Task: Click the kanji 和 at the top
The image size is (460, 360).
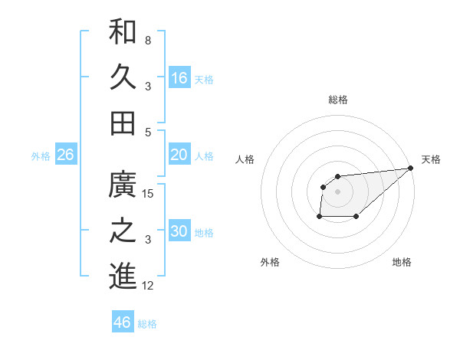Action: click(123, 31)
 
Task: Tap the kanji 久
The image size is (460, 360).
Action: click(123, 77)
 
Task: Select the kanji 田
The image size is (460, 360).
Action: click(123, 123)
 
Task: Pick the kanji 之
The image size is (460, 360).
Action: click(123, 231)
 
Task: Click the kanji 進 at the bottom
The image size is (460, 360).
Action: click(123, 277)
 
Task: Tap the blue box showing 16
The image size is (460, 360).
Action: click(179, 77)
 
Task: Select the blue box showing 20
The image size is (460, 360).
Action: click(179, 155)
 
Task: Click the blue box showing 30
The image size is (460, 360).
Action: click(179, 231)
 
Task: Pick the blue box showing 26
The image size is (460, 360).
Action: click(65, 155)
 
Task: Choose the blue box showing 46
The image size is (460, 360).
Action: click(123, 322)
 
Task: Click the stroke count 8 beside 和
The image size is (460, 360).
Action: click(148, 40)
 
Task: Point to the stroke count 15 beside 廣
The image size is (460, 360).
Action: click(148, 194)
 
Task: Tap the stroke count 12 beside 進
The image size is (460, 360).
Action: click(148, 286)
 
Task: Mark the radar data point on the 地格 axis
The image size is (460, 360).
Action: click(356, 217)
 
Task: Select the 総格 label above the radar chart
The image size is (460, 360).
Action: click(338, 100)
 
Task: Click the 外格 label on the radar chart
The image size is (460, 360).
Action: click(270, 262)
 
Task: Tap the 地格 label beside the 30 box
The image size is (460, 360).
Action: click(204, 232)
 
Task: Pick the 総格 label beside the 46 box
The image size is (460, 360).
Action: click(147, 323)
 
